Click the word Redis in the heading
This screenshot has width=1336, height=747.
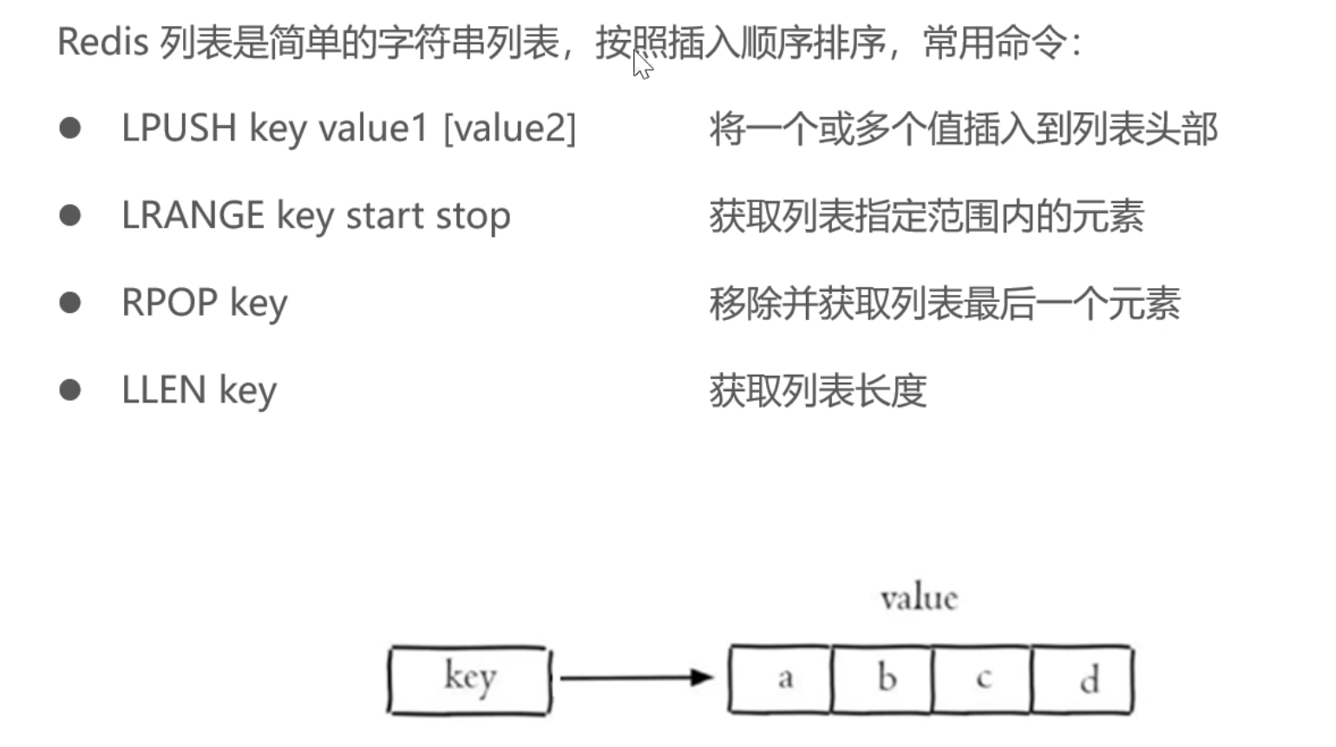(102, 42)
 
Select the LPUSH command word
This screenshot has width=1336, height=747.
(179, 128)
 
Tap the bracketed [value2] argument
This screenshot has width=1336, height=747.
(509, 128)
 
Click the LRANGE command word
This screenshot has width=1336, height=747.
(193, 215)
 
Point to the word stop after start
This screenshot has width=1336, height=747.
(473, 216)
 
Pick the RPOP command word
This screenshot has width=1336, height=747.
(169, 303)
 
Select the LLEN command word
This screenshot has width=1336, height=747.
(164, 390)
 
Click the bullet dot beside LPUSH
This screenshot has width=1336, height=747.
(70, 128)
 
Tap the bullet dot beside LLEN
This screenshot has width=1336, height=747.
(70, 390)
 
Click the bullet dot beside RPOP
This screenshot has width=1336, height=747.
(70, 303)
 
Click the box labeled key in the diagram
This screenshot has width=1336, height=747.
(469, 679)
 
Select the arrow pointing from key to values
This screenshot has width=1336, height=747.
(636, 678)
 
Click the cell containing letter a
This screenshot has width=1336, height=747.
(780, 678)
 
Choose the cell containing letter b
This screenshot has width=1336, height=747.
(882, 678)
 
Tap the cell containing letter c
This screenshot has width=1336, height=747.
(982, 678)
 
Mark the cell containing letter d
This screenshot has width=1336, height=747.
(1083, 678)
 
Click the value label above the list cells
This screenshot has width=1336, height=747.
(919, 598)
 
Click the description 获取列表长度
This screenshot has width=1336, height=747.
(818, 390)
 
